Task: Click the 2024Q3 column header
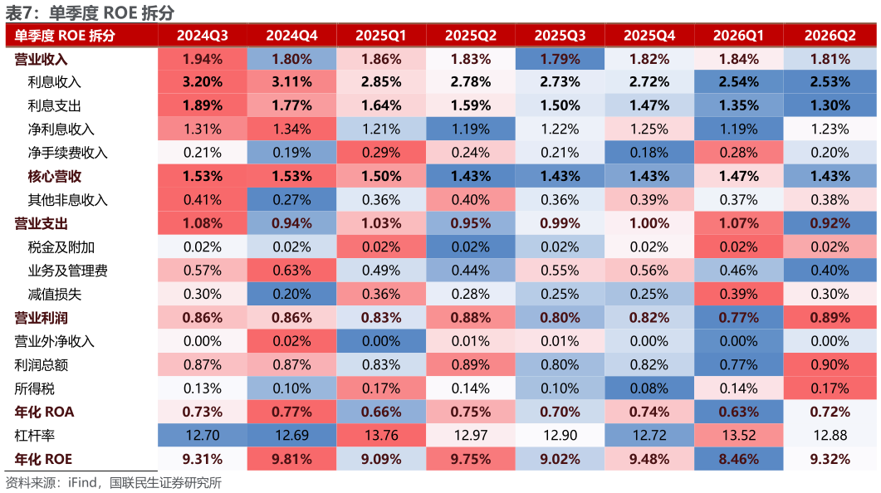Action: coord(203,36)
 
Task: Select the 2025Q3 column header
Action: coord(560,36)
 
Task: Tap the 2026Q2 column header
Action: coord(830,36)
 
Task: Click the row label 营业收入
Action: coord(41,59)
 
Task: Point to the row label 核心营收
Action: coord(55,176)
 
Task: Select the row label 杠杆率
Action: coord(34,435)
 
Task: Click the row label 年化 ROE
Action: coord(43,459)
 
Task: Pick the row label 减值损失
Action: coord(55,295)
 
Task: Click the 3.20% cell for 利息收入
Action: coord(203,82)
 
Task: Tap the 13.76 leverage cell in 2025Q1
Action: coord(381,435)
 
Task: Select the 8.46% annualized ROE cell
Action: coord(738,459)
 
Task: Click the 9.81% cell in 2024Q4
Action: coord(291,459)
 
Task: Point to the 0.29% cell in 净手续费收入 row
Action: coord(381,153)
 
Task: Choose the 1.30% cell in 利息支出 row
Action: coord(830,105)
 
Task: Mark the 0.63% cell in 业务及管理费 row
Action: coord(291,271)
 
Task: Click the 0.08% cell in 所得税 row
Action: coord(649,388)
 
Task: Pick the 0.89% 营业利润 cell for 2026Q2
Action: coord(830,318)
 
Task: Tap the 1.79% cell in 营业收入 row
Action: coord(560,59)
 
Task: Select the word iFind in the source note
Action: coord(82,483)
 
